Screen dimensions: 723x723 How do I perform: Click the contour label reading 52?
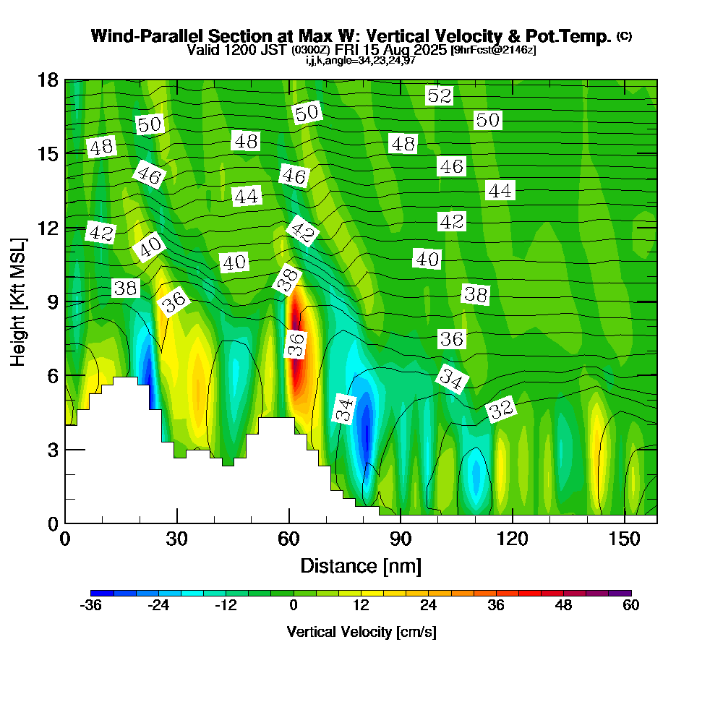point(439,95)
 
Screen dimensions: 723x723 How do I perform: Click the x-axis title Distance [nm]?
point(361,565)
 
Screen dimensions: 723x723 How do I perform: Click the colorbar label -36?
point(91,606)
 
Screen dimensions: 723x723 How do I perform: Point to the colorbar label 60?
point(631,606)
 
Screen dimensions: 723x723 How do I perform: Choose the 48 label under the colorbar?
point(563,606)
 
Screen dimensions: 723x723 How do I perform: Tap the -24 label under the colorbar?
point(158,606)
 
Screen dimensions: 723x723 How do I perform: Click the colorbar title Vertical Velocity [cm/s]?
point(361,632)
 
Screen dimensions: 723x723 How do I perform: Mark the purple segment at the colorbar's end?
point(625,593)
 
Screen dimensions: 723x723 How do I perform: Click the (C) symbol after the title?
point(625,36)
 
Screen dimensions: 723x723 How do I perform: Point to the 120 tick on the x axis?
point(512,540)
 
